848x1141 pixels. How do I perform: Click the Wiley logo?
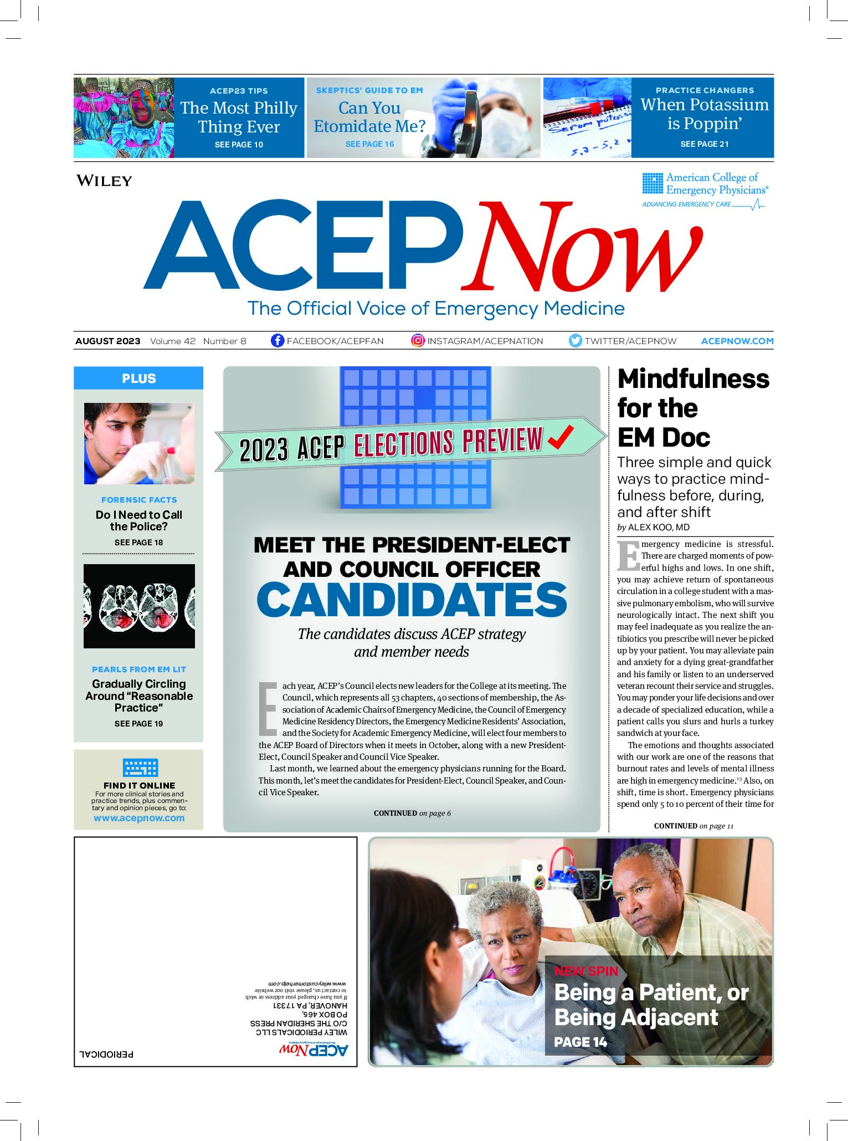tap(104, 181)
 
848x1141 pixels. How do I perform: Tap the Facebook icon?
tap(277, 340)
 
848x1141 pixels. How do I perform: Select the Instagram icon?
tap(418, 340)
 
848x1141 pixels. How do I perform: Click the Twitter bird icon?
tap(575, 340)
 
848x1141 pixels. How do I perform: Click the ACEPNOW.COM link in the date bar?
tap(737, 341)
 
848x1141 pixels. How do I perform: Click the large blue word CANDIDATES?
tap(412, 600)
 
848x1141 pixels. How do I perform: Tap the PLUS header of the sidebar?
tap(138, 378)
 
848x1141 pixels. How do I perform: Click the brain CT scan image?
tap(139, 606)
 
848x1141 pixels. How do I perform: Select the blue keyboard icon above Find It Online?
tap(140, 768)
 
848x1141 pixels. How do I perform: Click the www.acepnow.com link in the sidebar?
tap(139, 818)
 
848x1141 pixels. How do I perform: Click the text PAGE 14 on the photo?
tap(580, 1042)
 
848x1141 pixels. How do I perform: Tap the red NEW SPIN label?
tap(586, 971)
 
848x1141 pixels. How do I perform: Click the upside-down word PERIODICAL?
tap(106, 1053)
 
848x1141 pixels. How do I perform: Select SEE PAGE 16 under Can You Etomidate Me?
tap(369, 144)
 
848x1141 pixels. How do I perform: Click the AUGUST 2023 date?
tap(108, 341)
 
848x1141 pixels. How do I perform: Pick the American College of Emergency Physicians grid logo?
tap(652, 183)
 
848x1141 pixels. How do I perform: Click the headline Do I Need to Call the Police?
tap(138, 520)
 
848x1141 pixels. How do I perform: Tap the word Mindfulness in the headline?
tap(693, 379)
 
